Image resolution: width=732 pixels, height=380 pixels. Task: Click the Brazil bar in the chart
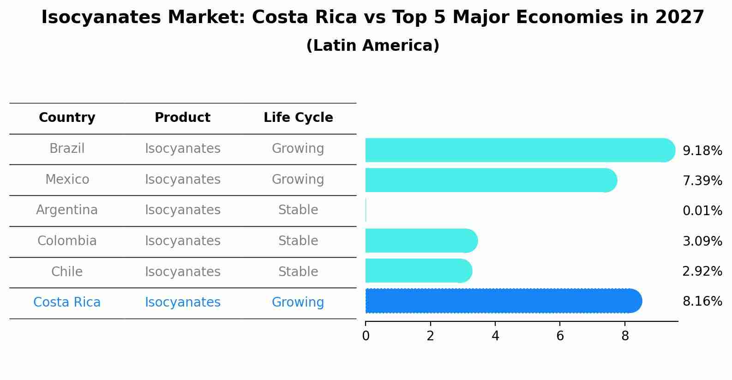[517, 150]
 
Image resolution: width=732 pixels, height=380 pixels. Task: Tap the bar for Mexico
[489, 180]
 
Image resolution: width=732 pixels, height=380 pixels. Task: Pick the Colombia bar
[420, 241]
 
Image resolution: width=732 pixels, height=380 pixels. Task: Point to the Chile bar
[418, 271]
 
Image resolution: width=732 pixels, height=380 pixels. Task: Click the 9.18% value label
[702, 151]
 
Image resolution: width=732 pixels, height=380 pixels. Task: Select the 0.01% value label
[702, 211]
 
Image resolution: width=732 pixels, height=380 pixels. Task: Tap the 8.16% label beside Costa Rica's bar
[702, 302]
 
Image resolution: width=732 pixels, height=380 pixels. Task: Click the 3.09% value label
[702, 241]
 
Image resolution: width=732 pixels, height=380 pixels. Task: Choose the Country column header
[67, 118]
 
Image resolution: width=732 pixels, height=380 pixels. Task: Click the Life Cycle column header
[298, 118]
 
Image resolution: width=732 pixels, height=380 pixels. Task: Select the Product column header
[182, 118]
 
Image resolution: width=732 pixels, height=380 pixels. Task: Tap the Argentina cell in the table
[67, 210]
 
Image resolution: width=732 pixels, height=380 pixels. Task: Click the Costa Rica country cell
[67, 302]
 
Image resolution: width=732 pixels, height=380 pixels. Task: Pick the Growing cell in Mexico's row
[298, 179]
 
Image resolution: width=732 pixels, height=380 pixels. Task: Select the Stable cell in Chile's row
[298, 271]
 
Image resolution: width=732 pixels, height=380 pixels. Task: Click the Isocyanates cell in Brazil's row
[182, 149]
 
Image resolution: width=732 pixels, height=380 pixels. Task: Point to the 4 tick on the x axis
[495, 336]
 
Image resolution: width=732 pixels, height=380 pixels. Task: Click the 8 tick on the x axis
[625, 336]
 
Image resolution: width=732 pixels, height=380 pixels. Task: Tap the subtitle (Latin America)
[372, 46]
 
